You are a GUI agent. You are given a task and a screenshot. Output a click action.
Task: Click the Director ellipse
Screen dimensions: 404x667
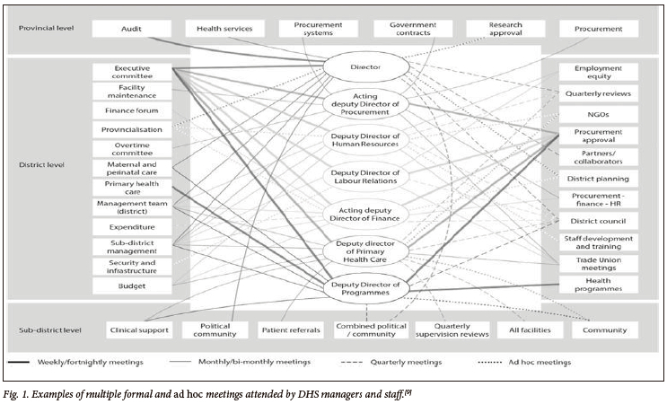[366, 66]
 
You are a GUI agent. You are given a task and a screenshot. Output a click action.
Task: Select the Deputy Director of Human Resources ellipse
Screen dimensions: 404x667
[366, 140]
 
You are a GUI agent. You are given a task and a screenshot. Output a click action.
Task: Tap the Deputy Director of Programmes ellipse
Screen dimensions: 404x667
[366, 286]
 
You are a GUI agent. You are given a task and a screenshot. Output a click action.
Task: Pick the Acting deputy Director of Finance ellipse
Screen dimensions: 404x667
[366, 214]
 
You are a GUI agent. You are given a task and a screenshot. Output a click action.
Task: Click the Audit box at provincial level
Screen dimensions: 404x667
[131, 29]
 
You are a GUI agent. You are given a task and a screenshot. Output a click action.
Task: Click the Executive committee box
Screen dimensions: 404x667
[131, 72]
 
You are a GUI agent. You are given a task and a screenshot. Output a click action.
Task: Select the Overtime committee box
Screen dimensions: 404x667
[131, 149]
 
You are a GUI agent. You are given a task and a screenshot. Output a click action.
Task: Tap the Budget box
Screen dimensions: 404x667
[131, 286]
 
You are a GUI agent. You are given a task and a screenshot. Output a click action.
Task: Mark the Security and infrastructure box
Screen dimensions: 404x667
[131, 266]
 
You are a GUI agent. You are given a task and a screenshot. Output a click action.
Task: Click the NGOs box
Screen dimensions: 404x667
[599, 114]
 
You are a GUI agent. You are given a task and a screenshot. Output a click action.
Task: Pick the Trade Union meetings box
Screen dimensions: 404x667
[599, 263]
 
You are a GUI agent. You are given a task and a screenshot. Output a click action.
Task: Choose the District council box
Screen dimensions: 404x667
[599, 221]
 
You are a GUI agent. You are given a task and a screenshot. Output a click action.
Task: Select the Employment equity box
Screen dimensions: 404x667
[599, 72]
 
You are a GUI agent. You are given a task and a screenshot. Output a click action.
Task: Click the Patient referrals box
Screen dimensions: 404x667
[290, 330]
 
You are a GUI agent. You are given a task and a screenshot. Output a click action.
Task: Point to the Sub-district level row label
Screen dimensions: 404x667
[49, 330]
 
